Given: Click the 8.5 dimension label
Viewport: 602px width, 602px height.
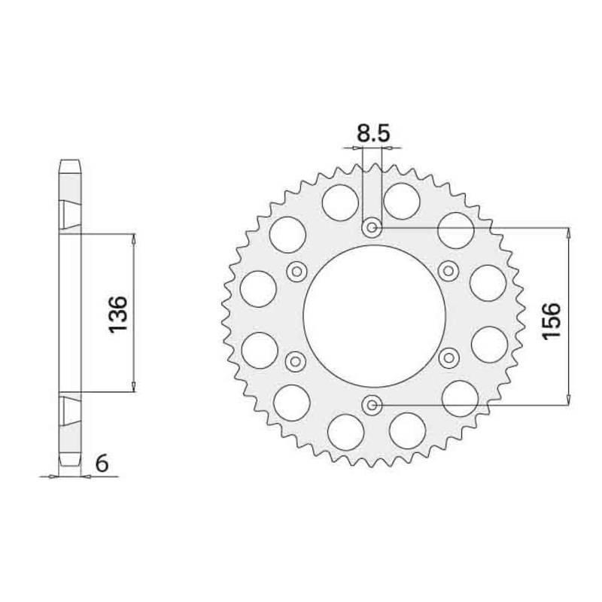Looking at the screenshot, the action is pos(373,134).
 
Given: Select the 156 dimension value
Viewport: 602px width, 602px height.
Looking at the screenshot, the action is pos(552,321).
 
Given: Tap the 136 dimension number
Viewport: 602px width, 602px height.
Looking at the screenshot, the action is pos(118,314).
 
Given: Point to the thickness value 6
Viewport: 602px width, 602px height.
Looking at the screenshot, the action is pos(102,464).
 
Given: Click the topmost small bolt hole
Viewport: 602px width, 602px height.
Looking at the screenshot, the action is pos(372,228).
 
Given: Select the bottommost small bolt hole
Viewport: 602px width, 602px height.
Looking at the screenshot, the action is pos(372,405).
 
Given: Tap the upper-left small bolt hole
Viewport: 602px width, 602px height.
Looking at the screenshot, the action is pos(296,272).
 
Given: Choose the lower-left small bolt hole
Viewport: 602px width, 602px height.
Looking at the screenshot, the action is pos(296,361).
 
